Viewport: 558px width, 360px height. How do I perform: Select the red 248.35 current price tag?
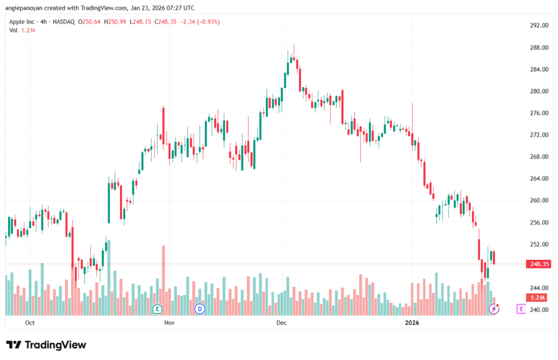[x=538, y=264]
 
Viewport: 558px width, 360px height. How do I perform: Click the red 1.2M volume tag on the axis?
[x=538, y=297]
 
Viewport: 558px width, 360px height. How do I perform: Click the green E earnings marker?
[x=157, y=309]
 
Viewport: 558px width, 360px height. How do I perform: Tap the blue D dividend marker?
[x=199, y=309]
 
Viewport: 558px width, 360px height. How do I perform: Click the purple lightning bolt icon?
[x=494, y=309]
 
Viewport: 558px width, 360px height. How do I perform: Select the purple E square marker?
[x=521, y=309]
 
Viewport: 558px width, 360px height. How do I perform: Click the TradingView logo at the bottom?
[x=46, y=345]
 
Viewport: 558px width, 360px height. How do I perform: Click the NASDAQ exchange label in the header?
[x=63, y=22]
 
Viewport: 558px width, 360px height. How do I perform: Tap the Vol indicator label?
[x=13, y=30]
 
